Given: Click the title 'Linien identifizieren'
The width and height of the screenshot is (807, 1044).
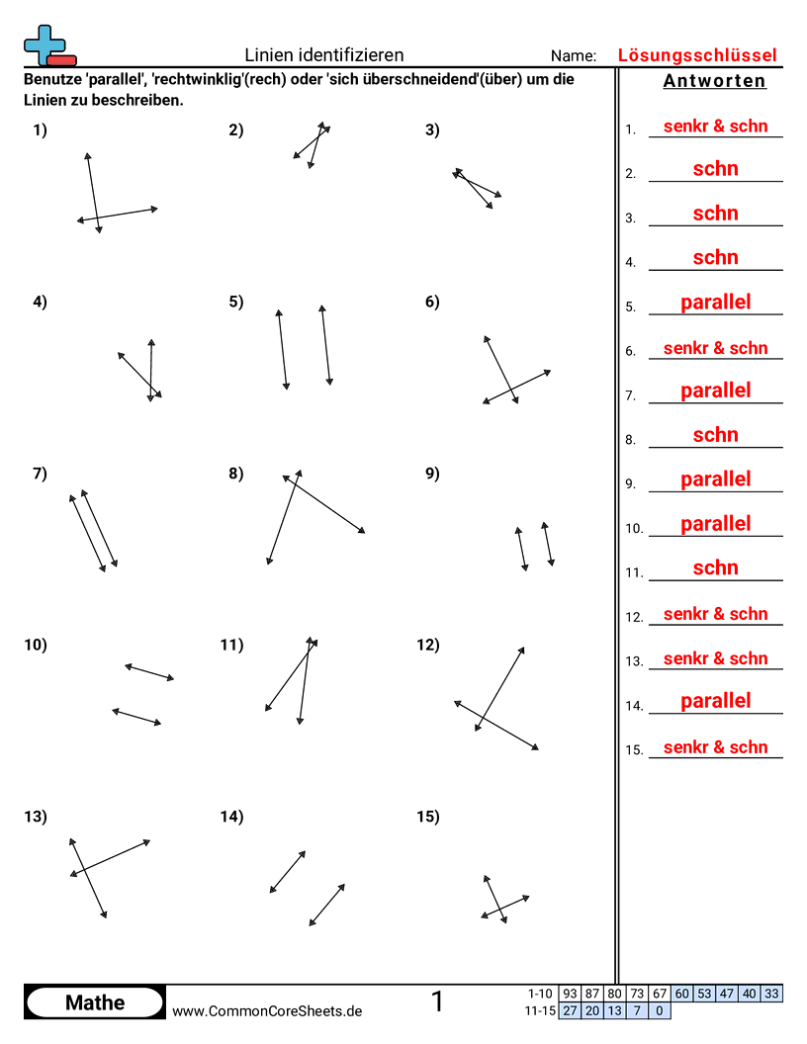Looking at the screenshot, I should click(323, 55).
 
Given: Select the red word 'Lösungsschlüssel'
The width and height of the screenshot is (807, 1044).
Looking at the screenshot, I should click(697, 55).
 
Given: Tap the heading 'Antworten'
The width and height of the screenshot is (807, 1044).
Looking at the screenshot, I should click(714, 81).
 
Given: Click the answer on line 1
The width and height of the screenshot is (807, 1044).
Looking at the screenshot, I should click(715, 127).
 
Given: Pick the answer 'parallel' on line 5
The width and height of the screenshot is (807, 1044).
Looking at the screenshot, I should click(715, 303).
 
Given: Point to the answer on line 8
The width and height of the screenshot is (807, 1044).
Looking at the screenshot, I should click(715, 435).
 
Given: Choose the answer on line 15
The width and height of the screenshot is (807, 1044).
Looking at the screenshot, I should click(715, 747).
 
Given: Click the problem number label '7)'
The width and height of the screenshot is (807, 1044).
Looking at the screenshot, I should click(40, 474).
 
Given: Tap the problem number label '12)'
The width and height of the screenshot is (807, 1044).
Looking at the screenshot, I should click(428, 646).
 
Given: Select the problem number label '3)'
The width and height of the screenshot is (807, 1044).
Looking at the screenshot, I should click(432, 130).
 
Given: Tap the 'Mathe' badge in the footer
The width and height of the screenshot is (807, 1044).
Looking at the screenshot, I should click(95, 1002).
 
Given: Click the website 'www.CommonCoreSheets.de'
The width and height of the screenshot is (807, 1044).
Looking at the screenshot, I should click(267, 1011).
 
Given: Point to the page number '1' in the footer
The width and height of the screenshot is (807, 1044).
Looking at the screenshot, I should click(437, 1001).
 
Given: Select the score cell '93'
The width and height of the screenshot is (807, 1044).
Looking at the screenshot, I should click(570, 994).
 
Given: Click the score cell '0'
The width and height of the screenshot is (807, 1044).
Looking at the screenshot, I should click(660, 1010).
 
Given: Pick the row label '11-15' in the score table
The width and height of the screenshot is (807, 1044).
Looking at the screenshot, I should click(541, 1010).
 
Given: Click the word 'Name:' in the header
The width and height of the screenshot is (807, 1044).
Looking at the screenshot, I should click(574, 56).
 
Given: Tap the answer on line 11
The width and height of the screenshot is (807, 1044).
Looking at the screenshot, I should click(715, 567).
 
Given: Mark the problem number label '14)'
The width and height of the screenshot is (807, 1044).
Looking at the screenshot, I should click(231, 817).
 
